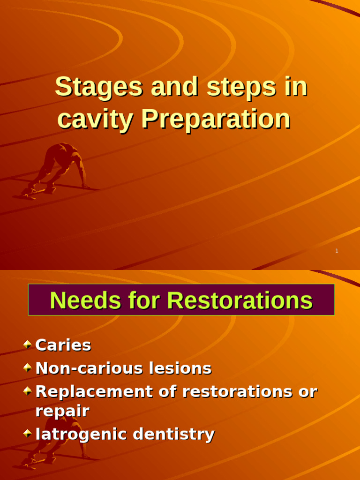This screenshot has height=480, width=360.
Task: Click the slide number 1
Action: click(x=337, y=251)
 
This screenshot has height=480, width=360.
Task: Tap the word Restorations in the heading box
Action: click(x=240, y=300)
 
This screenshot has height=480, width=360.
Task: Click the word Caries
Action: click(x=63, y=345)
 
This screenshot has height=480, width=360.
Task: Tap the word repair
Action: click(x=62, y=412)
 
